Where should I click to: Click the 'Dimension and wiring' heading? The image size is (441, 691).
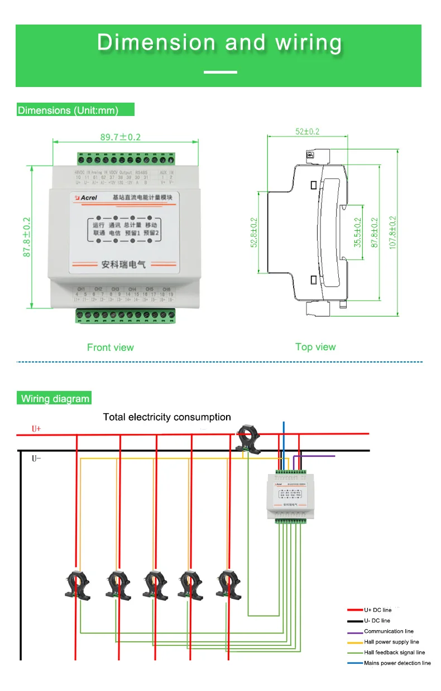[219, 43]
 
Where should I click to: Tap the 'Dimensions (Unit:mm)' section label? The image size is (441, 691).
[68, 110]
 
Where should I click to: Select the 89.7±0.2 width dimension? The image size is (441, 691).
[112, 137]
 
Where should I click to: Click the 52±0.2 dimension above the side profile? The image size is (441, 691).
[308, 132]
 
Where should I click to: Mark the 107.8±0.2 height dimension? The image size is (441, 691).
[393, 233]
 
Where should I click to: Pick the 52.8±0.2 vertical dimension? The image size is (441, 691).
[254, 233]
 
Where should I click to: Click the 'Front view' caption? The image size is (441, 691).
[110, 347]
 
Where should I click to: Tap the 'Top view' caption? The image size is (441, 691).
[315, 347]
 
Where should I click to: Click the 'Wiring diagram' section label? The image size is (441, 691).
[55, 399]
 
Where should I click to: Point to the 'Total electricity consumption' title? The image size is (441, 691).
[167, 417]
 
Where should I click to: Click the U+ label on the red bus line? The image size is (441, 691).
[36, 429]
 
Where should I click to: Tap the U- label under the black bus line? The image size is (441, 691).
[36, 458]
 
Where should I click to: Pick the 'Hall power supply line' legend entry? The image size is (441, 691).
[391, 642]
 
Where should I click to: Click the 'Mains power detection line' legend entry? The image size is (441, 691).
[397, 663]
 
